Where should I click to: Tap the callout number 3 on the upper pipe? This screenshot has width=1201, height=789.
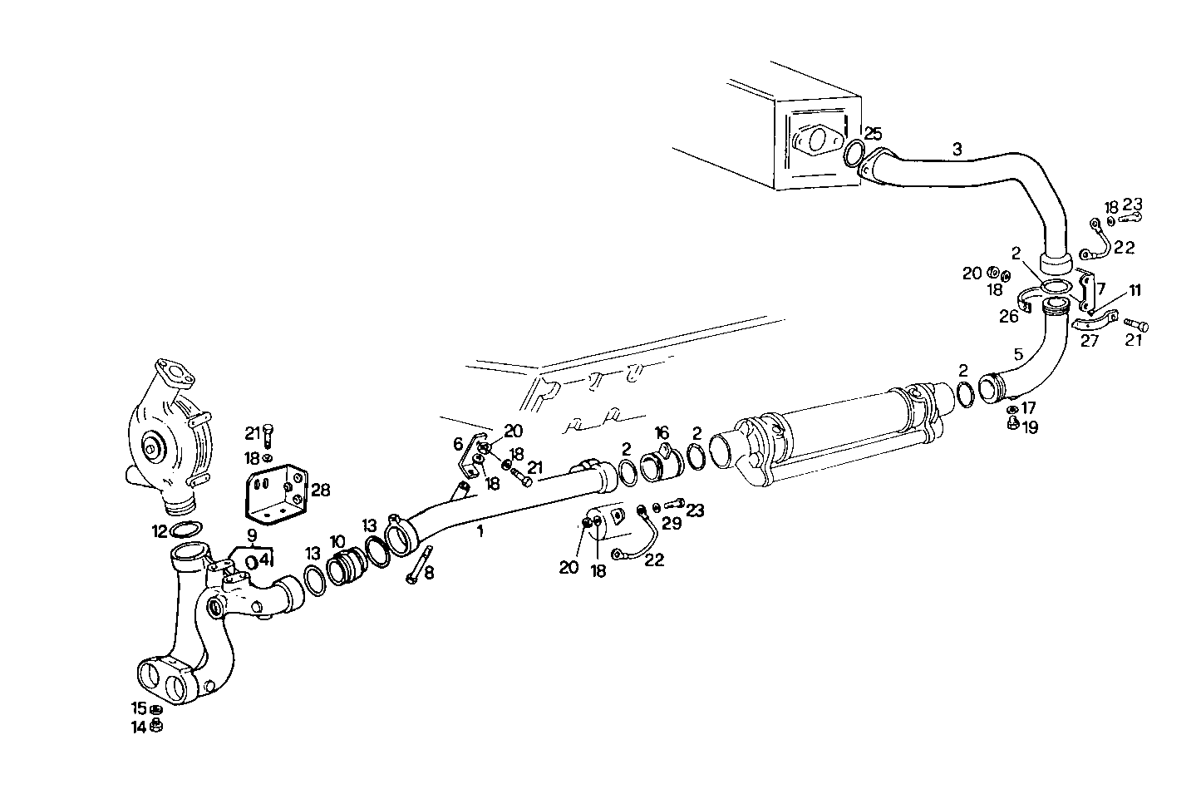(x=957, y=150)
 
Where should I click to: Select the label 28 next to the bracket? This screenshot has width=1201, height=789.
(x=320, y=491)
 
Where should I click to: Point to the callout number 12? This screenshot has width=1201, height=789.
(x=159, y=530)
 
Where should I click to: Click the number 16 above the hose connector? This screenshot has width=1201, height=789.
(x=662, y=433)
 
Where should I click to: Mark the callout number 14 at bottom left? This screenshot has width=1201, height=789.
(x=137, y=727)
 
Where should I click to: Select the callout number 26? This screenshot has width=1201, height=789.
(x=1008, y=316)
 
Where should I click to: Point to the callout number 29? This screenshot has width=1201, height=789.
(x=672, y=523)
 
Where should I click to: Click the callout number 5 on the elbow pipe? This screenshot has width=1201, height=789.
(x=1018, y=355)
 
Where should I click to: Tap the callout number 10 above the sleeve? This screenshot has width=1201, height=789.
(x=337, y=541)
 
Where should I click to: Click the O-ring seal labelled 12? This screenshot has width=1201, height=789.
(x=187, y=530)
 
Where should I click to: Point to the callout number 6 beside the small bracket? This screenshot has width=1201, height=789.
(x=458, y=445)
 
